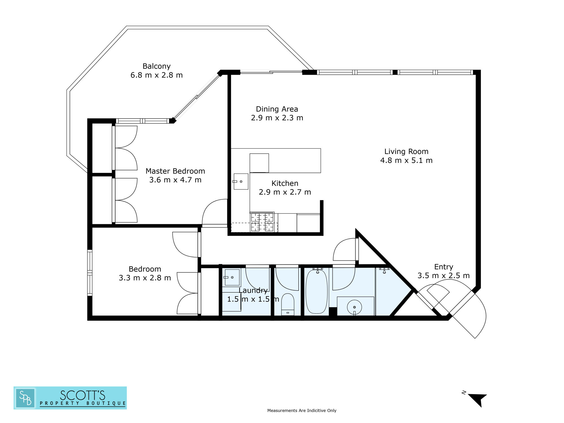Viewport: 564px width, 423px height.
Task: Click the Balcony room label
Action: pyautogui.click(x=157, y=66)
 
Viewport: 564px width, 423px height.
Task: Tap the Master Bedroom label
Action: pyautogui.click(x=175, y=171)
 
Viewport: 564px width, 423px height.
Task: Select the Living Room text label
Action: pyautogui.click(x=406, y=152)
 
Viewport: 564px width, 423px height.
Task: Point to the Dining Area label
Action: pyautogui.click(x=277, y=109)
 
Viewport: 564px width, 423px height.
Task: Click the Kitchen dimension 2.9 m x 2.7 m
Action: pyautogui.click(x=285, y=192)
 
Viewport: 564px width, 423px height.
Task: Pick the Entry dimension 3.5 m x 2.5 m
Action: pyautogui.click(x=444, y=276)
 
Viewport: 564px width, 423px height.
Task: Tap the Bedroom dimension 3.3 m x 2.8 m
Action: pyautogui.click(x=145, y=278)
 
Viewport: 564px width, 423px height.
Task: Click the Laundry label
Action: pyautogui.click(x=253, y=290)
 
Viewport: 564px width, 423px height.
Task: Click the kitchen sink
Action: pyautogui.click(x=241, y=181)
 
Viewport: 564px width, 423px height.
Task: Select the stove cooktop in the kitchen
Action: pyautogui.click(x=262, y=222)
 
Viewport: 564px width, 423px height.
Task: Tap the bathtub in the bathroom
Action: pyautogui.click(x=317, y=291)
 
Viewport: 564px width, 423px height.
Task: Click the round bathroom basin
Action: pyautogui.click(x=354, y=307)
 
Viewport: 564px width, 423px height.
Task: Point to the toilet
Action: pyautogui.click(x=288, y=305)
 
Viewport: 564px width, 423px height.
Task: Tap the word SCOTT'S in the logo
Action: pyautogui.click(x=82, y=395)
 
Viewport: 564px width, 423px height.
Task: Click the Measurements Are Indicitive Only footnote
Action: pyautogui.click(x=302, y=411)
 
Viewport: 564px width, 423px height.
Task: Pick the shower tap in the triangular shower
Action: pyautogui.click(x=384, y=270)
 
